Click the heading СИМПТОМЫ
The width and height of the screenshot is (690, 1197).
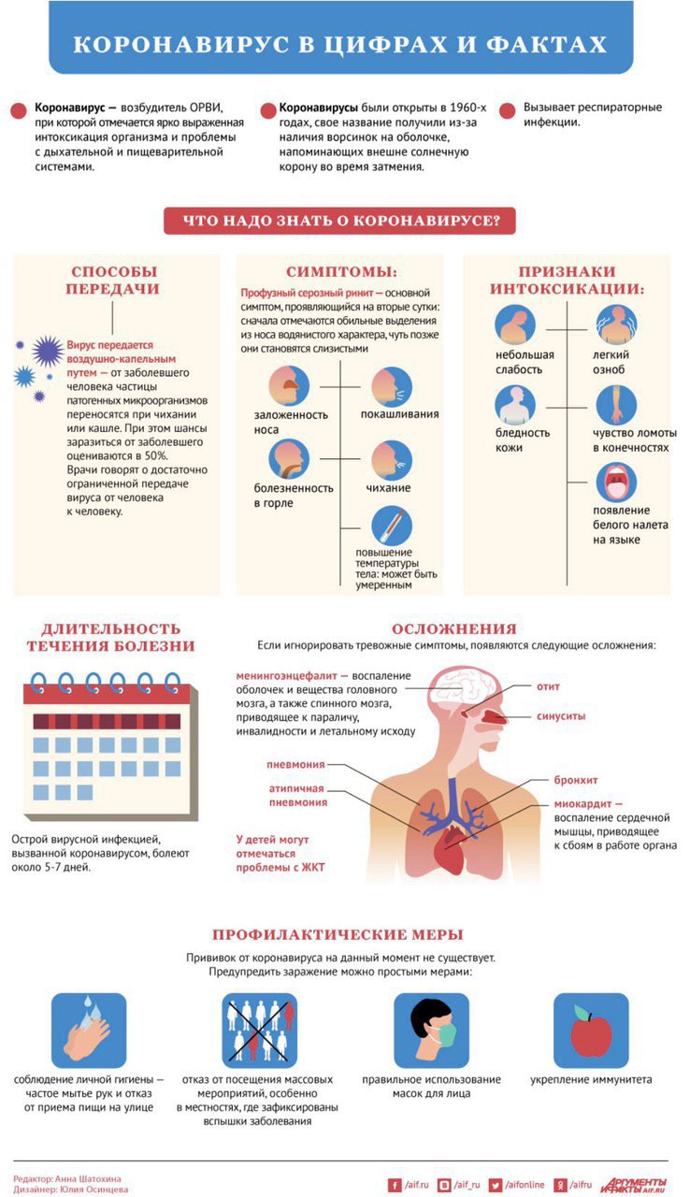coord(342,271)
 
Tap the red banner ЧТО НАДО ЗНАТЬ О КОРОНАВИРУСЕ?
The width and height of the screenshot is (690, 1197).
coord(339,221)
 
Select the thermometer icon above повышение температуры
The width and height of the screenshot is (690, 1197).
coord(392,526)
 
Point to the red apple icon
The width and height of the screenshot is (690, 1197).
coord(591,1031)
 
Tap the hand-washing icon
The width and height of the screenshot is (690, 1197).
coord(89,1031)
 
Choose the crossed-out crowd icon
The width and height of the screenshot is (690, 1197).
coord(260,1031)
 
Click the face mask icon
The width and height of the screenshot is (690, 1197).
coord(432,1031)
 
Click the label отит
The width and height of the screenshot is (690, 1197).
coord(548,686)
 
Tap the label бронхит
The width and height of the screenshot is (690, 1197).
coord(576,780)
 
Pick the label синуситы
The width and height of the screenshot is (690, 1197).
coord(561,716)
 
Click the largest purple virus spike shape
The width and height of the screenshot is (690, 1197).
coord(48,351)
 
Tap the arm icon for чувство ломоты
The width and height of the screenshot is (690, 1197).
coord(616,405)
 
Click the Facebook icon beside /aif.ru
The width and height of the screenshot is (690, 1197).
coord(395,1185)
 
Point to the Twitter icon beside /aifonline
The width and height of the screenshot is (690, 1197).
coord(496,1185)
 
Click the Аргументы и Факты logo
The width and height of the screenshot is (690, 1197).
coord(633,1185)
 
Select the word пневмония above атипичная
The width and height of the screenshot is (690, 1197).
coord(295,765)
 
